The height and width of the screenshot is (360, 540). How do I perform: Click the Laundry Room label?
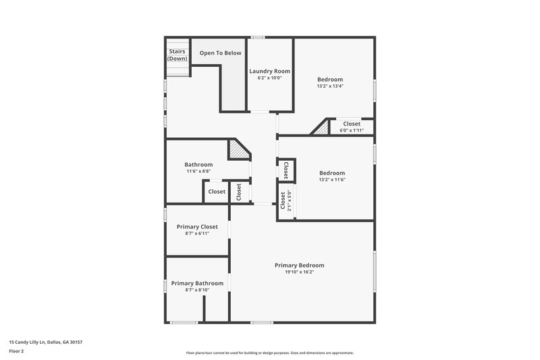point(269,71)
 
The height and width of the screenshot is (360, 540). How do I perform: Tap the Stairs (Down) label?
point(178,55)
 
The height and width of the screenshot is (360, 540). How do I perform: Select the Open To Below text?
point(220,52)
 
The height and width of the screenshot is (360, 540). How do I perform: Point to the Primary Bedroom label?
point(299,265)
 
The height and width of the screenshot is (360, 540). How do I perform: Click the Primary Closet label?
point(197,227)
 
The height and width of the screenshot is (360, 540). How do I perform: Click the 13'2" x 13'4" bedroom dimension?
point(330,86)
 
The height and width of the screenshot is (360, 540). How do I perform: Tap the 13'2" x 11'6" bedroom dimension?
point(331,180)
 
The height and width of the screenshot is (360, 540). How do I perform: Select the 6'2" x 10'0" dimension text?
point(269,78)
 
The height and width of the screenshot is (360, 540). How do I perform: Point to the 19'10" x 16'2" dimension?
point(299,272)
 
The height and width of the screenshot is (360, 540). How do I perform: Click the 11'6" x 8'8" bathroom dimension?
point(198,172)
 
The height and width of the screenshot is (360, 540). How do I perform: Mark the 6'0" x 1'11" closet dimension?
point(352,130)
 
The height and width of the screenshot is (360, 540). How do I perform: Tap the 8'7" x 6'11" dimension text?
point(197,234)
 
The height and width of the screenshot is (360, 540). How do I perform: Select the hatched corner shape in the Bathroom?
point(238,149)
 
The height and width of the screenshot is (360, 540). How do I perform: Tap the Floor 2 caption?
point(16,352)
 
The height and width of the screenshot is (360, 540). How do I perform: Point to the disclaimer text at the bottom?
point(269,353)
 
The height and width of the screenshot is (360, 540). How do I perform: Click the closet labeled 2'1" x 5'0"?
point(286,201)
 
